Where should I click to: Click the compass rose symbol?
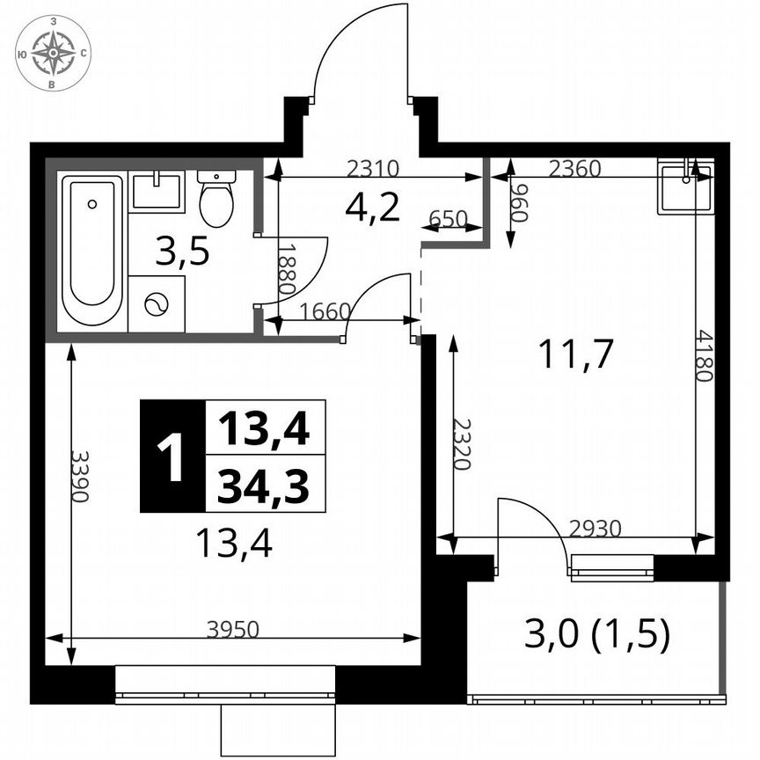(x=54, y=53)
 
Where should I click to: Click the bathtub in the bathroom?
(x=91, y=251)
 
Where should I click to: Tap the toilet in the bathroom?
(x=216, y=199)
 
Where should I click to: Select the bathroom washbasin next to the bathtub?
(x=157, y=192)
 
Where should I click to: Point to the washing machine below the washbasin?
(x=157, y=304)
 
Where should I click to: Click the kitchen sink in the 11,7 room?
(x=685, y=186)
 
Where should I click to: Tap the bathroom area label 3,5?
(x=182, y=253)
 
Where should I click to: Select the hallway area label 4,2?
(x=372, y=208)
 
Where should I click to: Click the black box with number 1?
(x=172, y=457)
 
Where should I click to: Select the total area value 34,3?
(x=264, y=486)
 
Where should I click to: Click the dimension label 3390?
(x=80, y=477)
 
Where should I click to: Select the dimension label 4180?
(x=703, y=354)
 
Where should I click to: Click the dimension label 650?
(x=449, y=218)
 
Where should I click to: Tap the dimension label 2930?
(x=596, y=529)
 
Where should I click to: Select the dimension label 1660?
(x=325, y=311)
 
